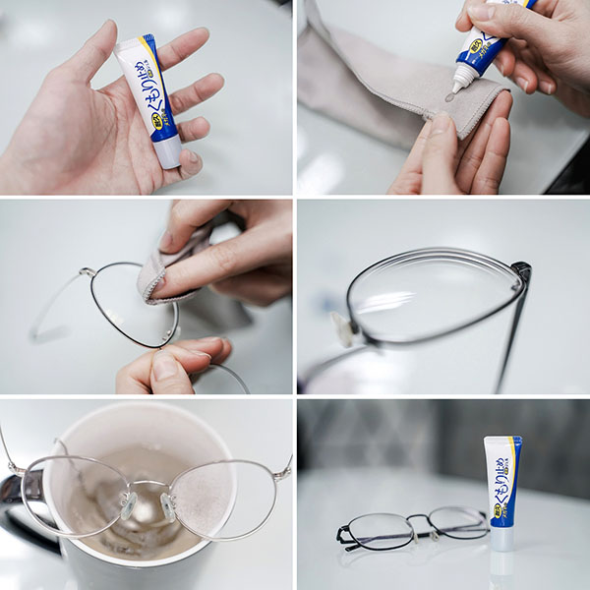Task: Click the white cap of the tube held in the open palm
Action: click(167, 151)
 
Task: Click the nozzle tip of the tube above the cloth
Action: click(454, 86)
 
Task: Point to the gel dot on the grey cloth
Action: click(449, 97)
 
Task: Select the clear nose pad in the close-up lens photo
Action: click(341, 327)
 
